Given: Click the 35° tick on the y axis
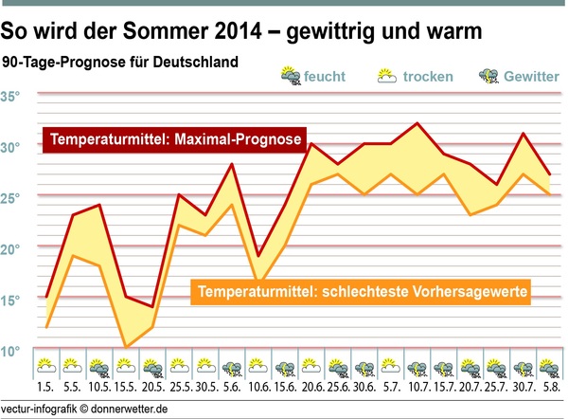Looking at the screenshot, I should point(11,97).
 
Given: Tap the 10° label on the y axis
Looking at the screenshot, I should point(11,351).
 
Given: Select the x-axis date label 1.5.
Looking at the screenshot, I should point(45,388).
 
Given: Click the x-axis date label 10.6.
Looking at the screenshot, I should point(257,388).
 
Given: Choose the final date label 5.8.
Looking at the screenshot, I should point(548,388).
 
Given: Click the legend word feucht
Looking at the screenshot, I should point(328,76).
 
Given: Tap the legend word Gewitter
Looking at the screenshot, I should point(533,76).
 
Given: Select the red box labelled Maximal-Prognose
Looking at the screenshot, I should point(176,140).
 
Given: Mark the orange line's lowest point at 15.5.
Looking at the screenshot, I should point(126,347).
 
